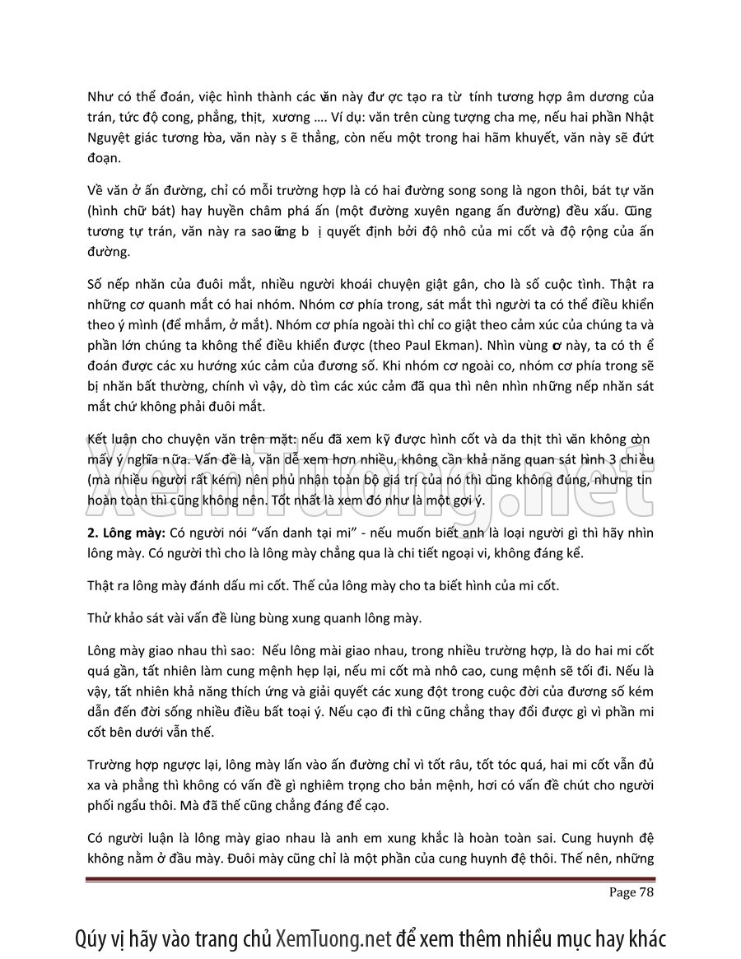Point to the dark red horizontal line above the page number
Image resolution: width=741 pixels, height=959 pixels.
pos(370,880)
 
